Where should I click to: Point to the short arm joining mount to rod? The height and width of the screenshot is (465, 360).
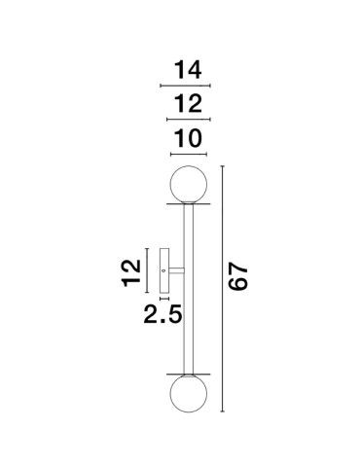click(x=175, y=268)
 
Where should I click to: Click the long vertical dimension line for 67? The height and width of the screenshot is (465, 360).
click(x=224, y=288)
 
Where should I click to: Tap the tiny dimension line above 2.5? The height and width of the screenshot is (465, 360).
click(x=164, y=297)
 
